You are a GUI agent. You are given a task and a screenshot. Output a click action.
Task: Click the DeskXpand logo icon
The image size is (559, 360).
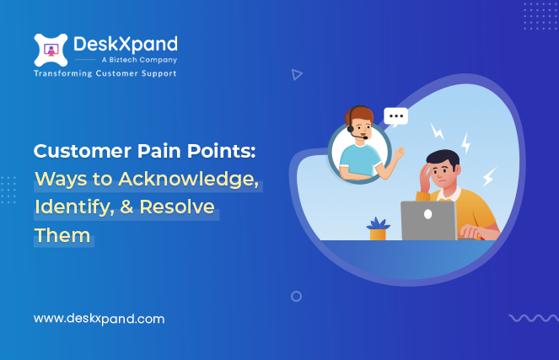point(51,51)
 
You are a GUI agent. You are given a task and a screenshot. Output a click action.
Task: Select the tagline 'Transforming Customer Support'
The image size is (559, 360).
point(105,74)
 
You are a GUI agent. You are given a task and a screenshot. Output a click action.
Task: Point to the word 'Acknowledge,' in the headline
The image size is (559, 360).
point(203,180)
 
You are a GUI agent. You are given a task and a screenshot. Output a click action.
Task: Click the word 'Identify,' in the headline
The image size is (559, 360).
point(70,207)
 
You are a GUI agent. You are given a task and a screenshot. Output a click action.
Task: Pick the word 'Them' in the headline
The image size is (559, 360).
point(62,234)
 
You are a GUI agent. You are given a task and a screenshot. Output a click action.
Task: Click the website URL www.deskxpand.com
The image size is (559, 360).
point(99,319)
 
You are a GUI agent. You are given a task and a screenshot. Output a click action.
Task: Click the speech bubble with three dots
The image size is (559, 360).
point(395,116)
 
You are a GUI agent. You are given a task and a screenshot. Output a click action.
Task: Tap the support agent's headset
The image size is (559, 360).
point(353,122)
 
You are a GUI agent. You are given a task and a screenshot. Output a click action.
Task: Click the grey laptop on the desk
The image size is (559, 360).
point(428,221)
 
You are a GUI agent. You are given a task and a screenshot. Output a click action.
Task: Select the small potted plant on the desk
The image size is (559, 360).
point(377,228)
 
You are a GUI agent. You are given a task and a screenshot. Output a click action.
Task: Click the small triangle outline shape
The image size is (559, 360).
point(296,74)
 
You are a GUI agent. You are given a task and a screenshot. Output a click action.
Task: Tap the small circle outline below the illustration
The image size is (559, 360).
point(296,296)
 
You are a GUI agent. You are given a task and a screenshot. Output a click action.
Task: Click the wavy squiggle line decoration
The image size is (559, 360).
point(532,318)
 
